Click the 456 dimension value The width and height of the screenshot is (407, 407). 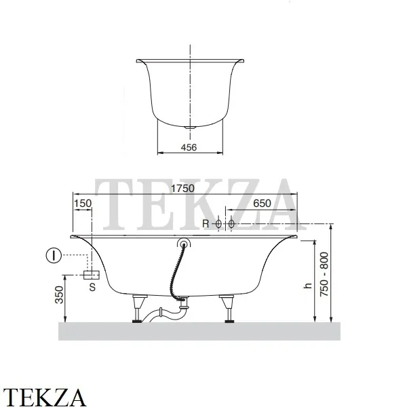189,147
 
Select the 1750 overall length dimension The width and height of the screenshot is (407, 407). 182,189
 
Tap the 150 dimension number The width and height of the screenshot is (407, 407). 83,203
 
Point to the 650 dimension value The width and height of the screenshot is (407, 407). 262,203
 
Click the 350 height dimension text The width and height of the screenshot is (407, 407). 59,294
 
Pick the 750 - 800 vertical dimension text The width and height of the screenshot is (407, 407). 324,274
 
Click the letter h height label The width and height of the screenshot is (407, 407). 308,286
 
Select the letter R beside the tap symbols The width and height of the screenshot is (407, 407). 206,223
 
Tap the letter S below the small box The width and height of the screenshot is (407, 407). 92,287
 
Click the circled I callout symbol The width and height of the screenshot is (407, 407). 54,256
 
